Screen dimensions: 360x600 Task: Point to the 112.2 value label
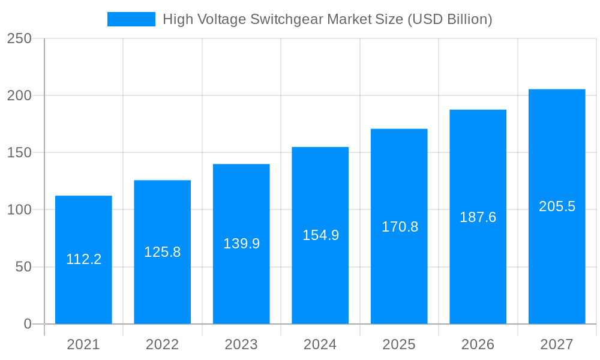[83, 259]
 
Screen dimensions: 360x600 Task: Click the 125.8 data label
[163, 252]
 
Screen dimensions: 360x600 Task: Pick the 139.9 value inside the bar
[241, 244]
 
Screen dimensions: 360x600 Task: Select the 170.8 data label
[400, 227]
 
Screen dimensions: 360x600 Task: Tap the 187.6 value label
[478, 217]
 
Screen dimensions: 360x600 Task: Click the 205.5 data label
[557, 206]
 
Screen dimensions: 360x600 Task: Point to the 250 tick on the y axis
[20, 38]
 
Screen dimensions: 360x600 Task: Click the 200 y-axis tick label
[20, 95]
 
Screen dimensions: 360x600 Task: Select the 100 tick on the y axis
[20, 210]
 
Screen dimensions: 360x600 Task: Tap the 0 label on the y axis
[28, 324]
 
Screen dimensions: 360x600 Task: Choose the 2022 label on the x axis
[163, 344]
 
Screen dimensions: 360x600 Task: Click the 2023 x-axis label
[241, 344]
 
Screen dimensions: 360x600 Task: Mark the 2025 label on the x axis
[400, 344]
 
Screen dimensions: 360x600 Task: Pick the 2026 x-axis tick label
[478, 344]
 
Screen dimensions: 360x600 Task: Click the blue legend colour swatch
[131, 19]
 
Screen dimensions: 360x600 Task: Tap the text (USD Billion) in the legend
[449, 19]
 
